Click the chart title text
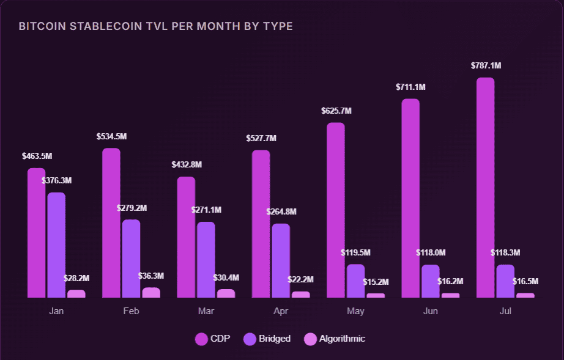click(155, 26)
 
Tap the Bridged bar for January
click(56, 244)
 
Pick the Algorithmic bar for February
click(151, 293)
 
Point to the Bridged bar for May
click(355, 281)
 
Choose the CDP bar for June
click(410, 198)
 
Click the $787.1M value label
click(486, 66)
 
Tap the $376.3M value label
click(56, 181)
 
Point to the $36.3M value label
click(151, 276)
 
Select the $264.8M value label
click(281, 212)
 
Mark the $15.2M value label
click(376, 282)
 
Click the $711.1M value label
click(410, 87)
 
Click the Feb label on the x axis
click(131, 311)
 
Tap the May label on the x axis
click(355, 311)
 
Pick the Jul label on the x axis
click(505, 311)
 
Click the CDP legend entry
click(213, 339)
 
